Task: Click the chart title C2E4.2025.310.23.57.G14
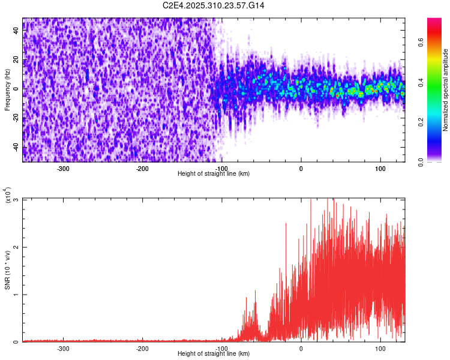point(214,5)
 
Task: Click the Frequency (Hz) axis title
point(7,90)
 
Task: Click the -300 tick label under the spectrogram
point(63,169)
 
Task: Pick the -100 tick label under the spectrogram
point(221,169)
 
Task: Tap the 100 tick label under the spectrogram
point(380,169)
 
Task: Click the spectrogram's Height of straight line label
point(214,174)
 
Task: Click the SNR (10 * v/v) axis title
point(7,270)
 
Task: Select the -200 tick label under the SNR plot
point(142,348)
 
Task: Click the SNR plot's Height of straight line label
point(214,354)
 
